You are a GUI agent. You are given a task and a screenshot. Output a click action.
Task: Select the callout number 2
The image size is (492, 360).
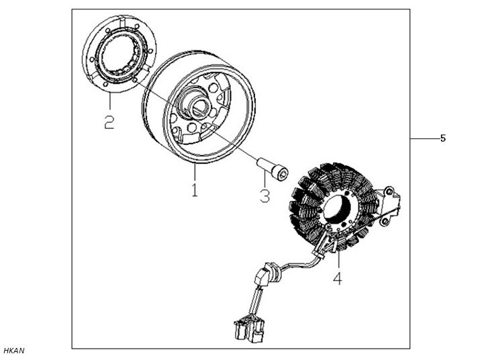point(109,122)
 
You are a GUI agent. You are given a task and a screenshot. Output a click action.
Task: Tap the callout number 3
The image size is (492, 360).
point(265,196)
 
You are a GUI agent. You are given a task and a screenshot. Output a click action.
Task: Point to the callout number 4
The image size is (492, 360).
point(338,279)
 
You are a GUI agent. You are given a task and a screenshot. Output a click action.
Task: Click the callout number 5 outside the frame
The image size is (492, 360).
point(443,138)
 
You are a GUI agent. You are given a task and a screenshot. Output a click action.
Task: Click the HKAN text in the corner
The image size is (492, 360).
point(14,351)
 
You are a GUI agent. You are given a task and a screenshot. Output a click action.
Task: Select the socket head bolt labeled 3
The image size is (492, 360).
point(273,169)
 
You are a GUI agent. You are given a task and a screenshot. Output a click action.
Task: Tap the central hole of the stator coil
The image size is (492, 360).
point(337,209)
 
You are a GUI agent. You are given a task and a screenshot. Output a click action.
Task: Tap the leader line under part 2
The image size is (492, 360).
point(110,101)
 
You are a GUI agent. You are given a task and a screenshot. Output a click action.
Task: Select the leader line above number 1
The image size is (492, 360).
point(195,171)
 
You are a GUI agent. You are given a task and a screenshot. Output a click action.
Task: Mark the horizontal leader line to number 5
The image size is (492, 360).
point(424,138)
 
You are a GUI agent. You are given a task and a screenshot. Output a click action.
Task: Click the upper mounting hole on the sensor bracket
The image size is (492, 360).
point(389,191)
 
